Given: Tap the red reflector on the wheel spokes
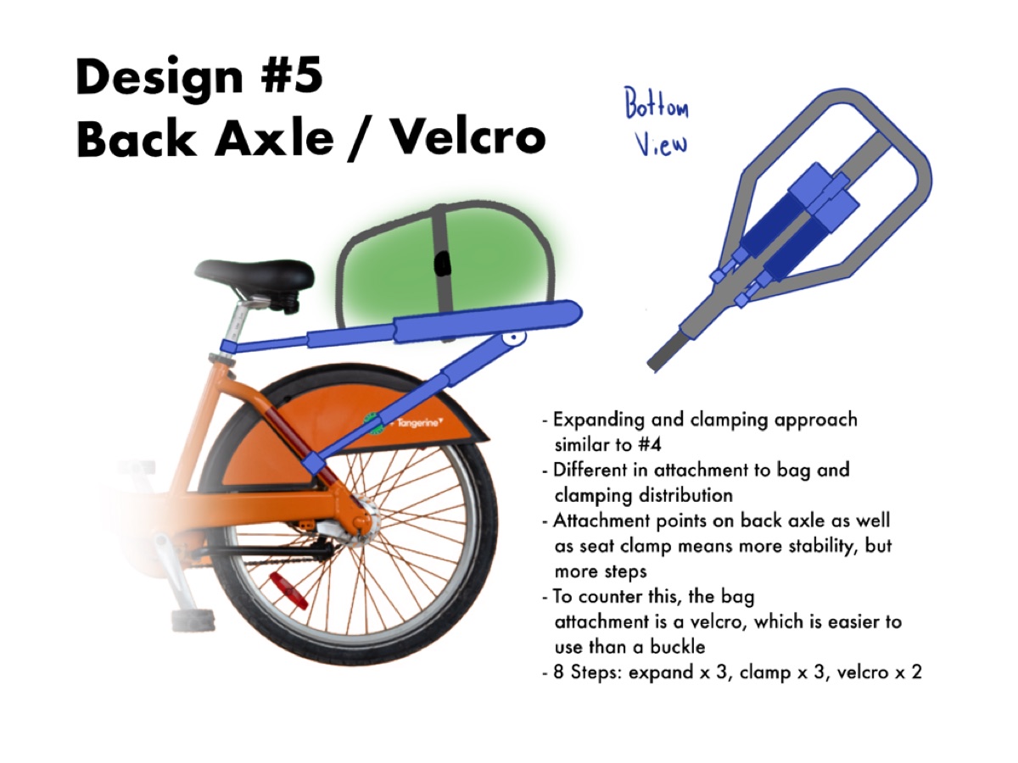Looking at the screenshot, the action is pyautogui.click(x=288, y=590).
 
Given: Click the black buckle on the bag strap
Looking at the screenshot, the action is pyautogui.click(x=443, y=264).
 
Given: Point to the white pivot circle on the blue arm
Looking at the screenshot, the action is pyautogui.click(x=514, y=337).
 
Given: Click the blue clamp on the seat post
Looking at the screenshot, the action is pyautogui.click(x=228, y=347).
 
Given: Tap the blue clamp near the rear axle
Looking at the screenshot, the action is pyautogui.click(x=314, y=463).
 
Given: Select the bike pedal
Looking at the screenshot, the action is pyautogui.click(x=193, y=620).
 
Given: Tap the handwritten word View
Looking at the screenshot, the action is pyautogui.click(x=660, y=142).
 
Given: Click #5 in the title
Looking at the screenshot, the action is pyautogui.click(x=292, y=75).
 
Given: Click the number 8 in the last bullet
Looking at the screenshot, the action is pyautogui.click(x=559, y=671).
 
